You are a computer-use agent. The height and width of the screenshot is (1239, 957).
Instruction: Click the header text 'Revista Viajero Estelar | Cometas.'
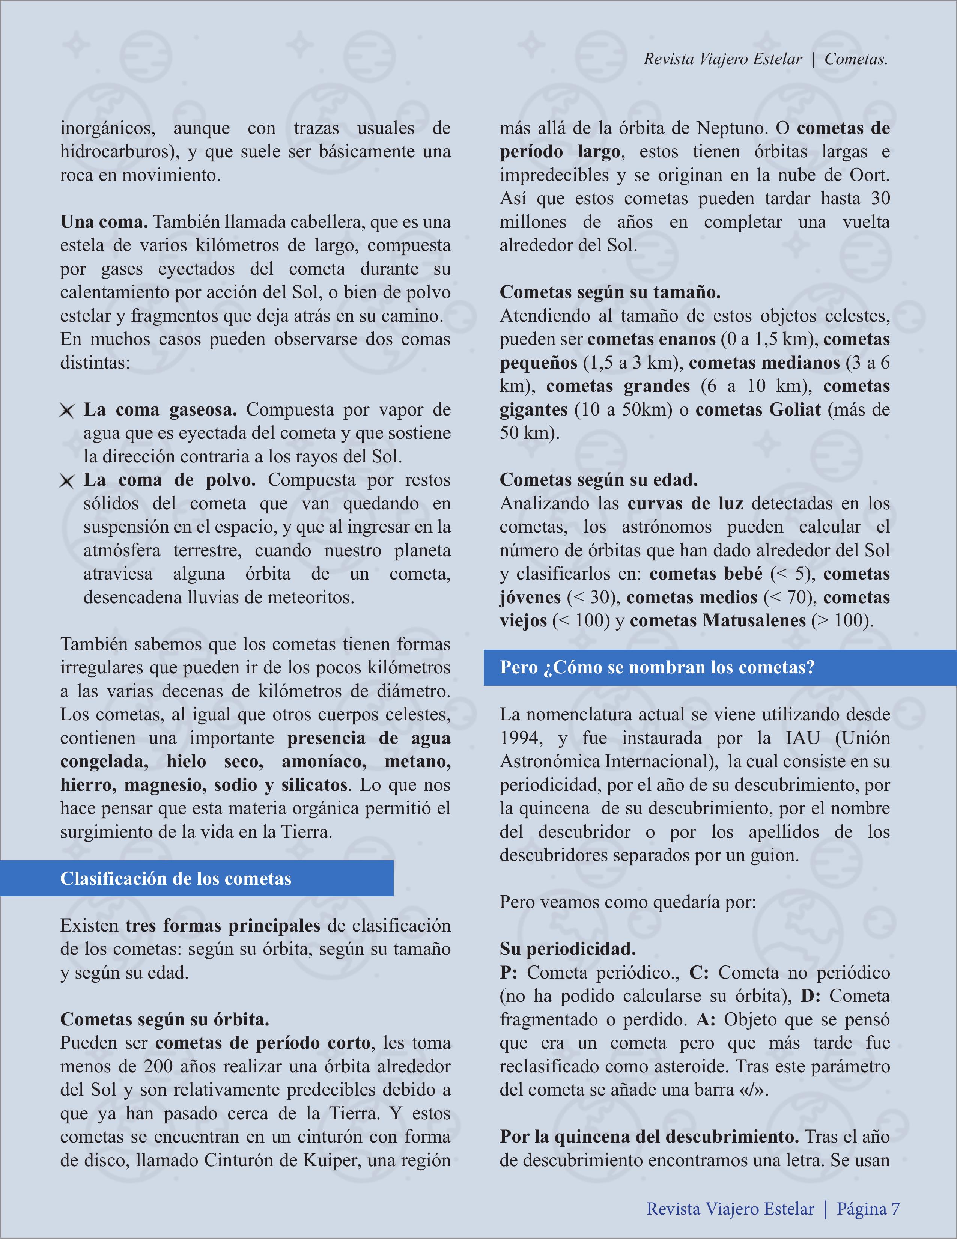[x=765, y=59]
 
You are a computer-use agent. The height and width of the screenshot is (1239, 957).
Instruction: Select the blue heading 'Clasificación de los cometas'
[x=176, y=879]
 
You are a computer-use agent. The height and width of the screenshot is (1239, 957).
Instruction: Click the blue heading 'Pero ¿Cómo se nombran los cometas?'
[x=657, y=667]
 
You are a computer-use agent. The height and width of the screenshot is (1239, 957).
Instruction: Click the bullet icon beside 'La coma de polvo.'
[x=67, y=482]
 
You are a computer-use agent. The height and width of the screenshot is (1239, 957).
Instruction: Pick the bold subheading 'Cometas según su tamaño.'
[x=610, y=292]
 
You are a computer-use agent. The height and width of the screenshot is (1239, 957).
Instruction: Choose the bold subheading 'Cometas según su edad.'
[x=599, y=480]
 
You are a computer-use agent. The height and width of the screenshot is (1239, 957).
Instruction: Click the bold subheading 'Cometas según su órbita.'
[x=164, y=1019]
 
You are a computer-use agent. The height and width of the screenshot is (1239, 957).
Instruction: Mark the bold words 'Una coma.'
[x=104, y=222]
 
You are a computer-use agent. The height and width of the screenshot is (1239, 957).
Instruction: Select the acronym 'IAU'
[x=803, y=738]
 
